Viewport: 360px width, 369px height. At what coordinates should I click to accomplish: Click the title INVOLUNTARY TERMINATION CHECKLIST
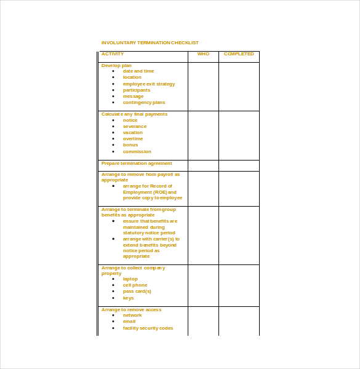coord(150,42)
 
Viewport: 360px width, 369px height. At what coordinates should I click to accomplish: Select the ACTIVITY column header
coord(113,54)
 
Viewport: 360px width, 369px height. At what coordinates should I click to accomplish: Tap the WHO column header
coord(203,54)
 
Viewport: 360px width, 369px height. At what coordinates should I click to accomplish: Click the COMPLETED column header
coord(239,54)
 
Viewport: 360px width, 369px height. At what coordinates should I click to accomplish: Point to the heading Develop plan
coord(116,65)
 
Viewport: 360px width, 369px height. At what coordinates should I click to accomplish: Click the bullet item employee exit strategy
coord(148,84)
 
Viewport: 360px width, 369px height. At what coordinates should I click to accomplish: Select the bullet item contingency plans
coord(143,102)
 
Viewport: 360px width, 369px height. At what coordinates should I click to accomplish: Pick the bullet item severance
coord(134,126)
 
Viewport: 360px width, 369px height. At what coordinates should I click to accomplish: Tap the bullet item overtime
coord(132,138)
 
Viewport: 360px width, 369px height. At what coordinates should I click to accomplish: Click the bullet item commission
coord(137,151)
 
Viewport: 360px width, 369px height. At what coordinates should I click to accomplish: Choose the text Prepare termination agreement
coord(137,163)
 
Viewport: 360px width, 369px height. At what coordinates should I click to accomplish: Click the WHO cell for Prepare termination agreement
coord(203,165)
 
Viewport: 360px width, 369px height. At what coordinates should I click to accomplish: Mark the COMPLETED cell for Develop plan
coord(239,86)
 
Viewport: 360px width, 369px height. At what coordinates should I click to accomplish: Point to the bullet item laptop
coord(130,279)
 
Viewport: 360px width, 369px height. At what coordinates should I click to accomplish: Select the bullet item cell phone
coord(135,285)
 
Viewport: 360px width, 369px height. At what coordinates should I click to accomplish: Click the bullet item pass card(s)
coord(137,291)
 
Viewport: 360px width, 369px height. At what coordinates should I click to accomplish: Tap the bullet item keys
coord(128,298)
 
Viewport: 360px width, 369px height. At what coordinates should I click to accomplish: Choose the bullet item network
coord(132,315)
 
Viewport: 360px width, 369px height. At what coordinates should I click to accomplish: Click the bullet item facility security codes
coord(148,328)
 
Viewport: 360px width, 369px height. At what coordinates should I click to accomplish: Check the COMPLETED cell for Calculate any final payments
coord(239,135)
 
